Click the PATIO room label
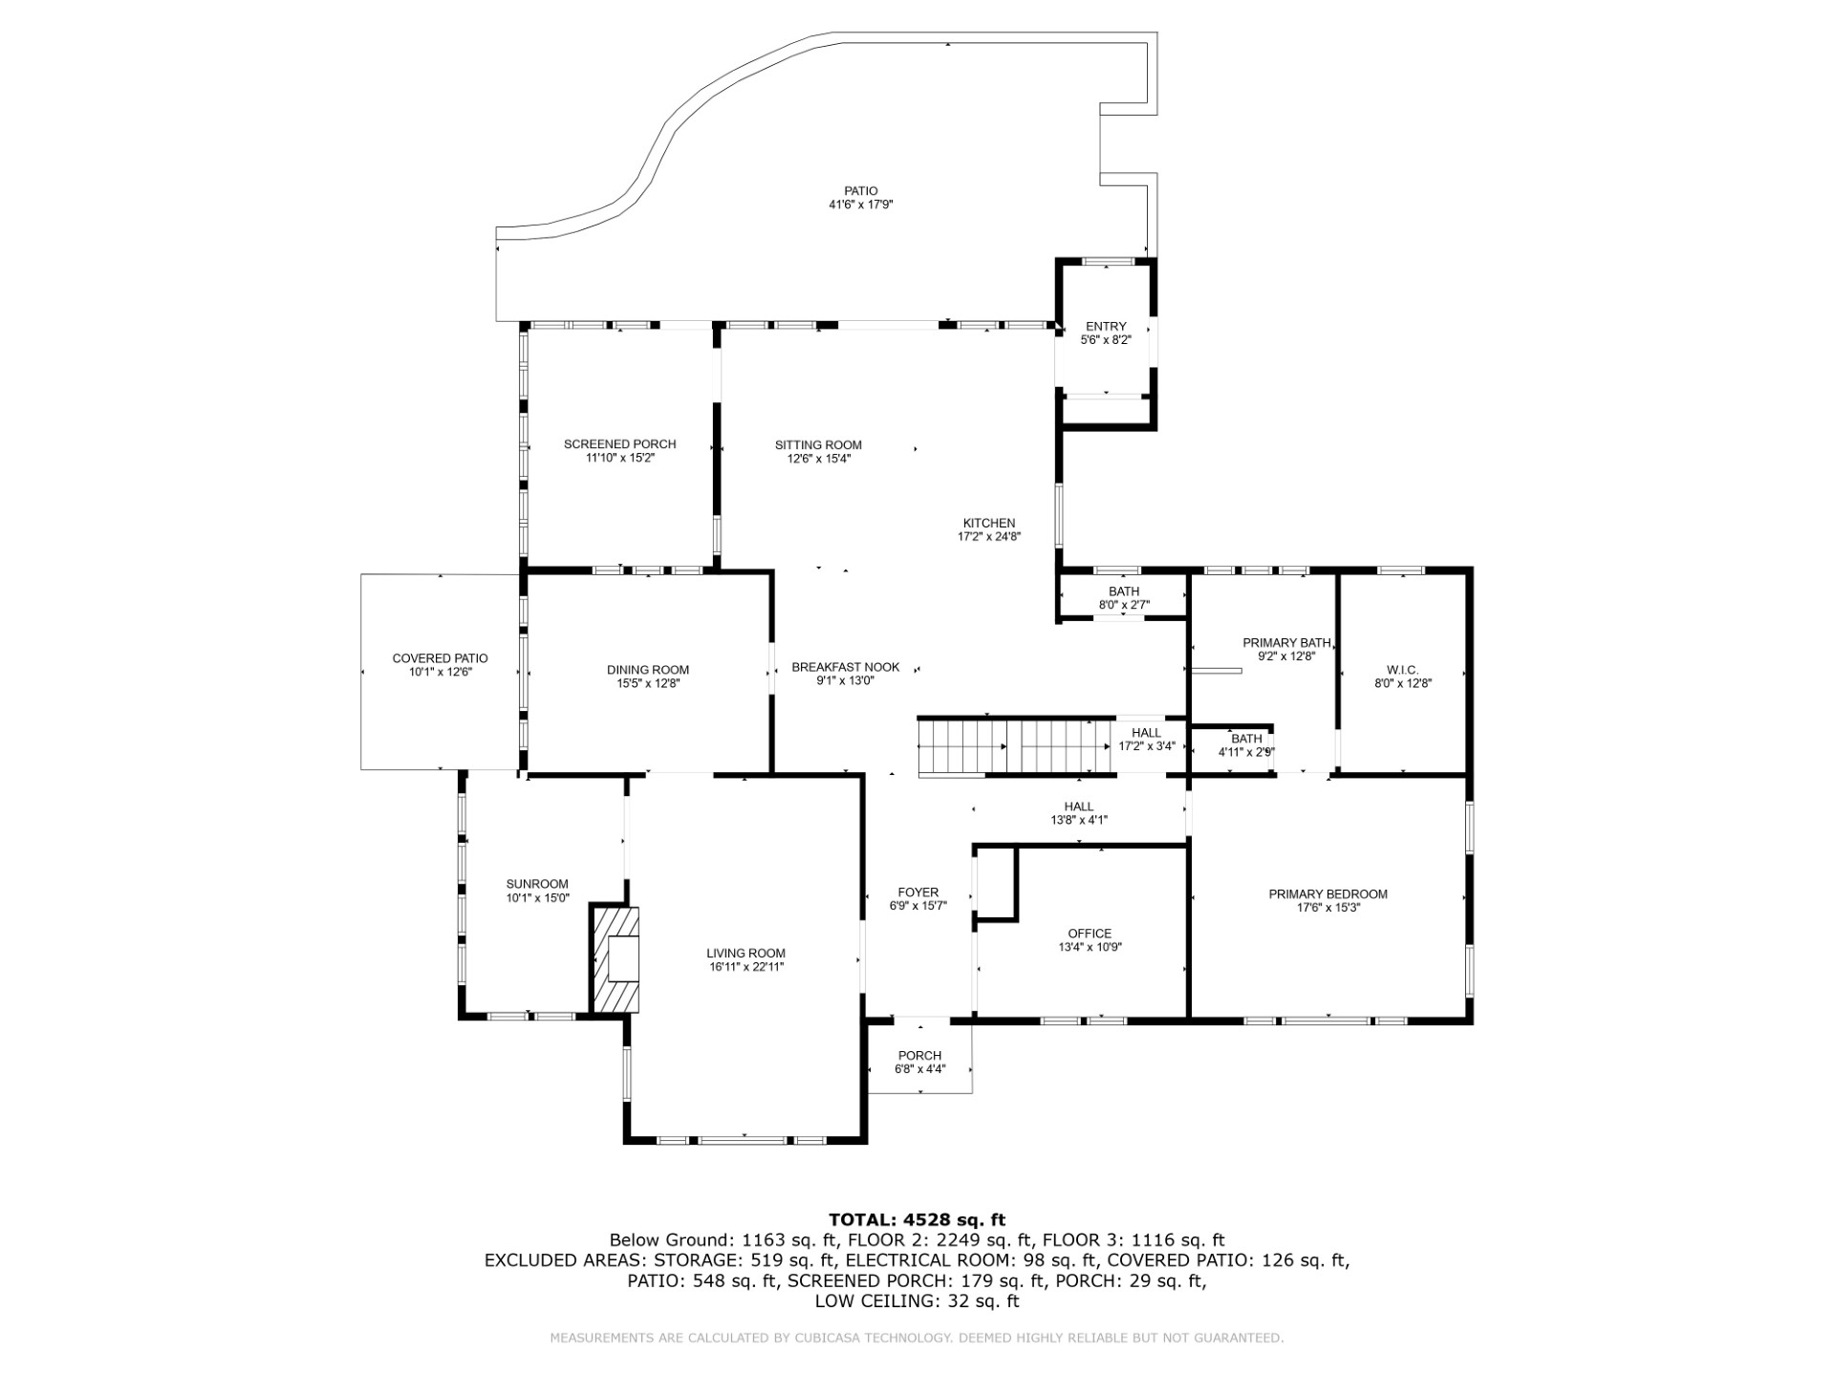coord(860,191)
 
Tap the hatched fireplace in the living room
coord(615,958)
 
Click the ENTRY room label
coord(1106,327)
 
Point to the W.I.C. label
coord(1402,670)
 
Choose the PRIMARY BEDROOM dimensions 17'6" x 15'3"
coord(1328,908)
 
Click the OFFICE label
coord(1090,934)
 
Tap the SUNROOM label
coord(537,884)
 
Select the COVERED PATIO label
coord(440,658)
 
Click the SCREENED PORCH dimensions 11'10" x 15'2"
coord(619,458)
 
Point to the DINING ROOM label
coord(647,670)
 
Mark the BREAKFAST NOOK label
coord(845,667)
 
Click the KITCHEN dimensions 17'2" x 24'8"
coord(988,537)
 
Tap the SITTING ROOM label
coord(818,444)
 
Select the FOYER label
coord(917,892)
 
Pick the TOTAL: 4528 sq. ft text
coord(917,1219)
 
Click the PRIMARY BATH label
coord(1286,643)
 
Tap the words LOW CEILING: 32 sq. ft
coord(917,1301)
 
